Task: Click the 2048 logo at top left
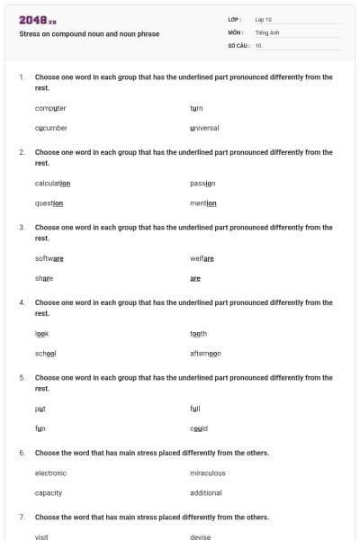click(38, 20)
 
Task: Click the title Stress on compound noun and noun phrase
click(89, 34)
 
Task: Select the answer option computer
click(50, 108)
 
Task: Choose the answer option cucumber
click(51, 128)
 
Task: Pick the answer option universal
click(204, 128)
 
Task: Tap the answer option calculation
click(52, 183)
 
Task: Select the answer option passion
click(202, 183)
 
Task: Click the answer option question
click(49, 202)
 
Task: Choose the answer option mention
click(203, 202)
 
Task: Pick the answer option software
click(49, 258)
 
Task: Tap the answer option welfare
click(202, 258)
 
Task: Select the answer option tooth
click(198, 333)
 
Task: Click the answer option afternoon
click(205, 353)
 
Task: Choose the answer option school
click(45, 353)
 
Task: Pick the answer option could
click(199, 428)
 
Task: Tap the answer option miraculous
click(207, 472)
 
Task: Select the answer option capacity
click(49, 492)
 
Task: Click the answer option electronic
click(50, 472)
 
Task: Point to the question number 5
click(22, 378)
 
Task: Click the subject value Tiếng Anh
click(266, 31)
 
